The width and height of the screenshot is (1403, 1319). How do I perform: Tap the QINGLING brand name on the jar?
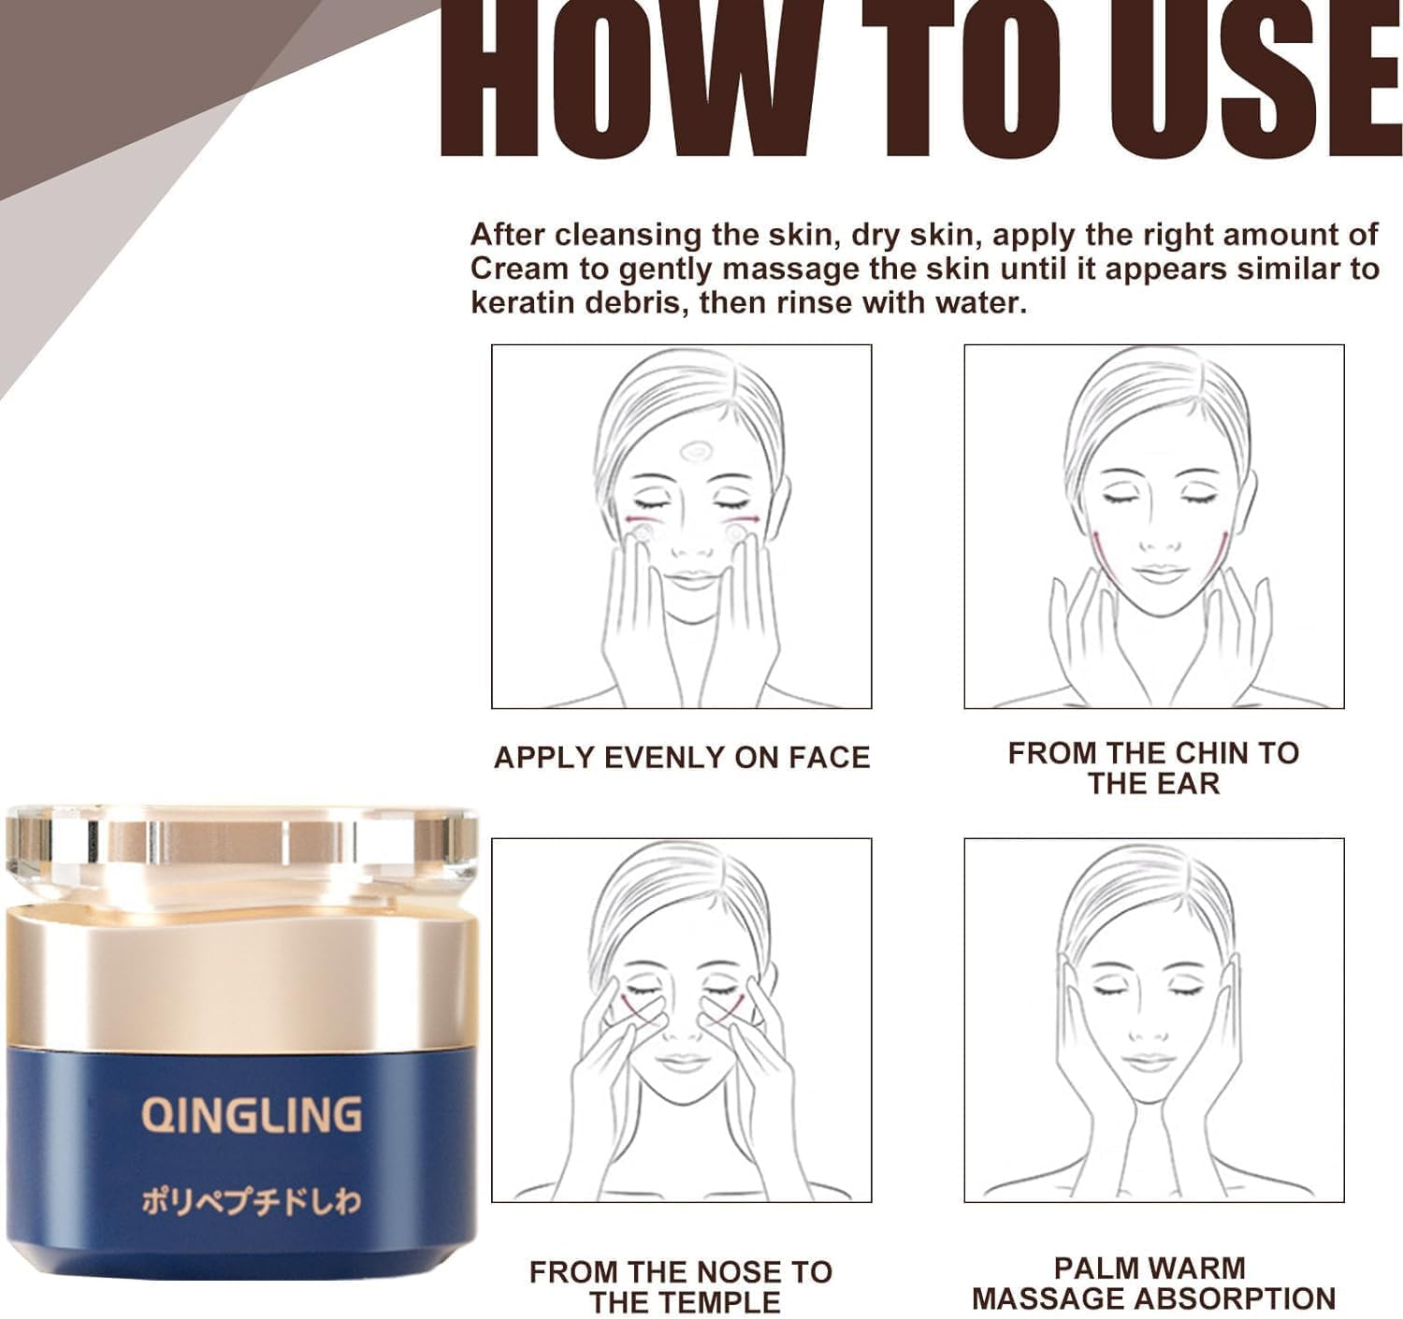pyautogui.click(x=251, y=1114)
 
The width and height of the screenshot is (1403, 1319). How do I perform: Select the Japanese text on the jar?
pyautogui.click(x=251, y=1202)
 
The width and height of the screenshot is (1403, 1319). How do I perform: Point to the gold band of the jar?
pyautogui.click(x=241, y=982)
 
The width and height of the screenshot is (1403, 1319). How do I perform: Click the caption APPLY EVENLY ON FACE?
pyautogui.click(x=682, y=757)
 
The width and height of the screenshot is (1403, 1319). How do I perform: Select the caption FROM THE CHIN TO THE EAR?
pyautogui.click(x=1153, y=768)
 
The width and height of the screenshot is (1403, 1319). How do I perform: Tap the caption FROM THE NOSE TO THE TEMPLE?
pyautogui.click(x=682, y=1286)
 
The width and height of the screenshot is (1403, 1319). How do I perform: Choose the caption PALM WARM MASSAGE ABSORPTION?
pyautogui.click(x=1152, y=1283)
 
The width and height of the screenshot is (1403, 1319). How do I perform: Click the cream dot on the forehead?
pyautogui.click(x=695, y=453)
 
